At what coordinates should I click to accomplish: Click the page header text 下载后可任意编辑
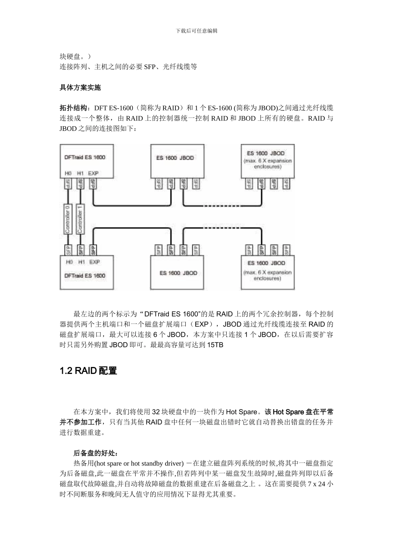196,31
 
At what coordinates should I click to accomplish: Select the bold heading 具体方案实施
80,88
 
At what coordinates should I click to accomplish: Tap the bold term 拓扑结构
73,108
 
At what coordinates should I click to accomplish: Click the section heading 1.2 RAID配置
89,371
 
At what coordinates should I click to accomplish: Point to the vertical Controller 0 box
68,219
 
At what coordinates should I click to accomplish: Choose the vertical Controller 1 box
80,219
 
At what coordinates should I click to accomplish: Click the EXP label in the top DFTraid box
93,174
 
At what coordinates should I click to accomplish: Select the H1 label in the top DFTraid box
81,174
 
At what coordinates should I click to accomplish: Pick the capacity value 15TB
215,345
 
